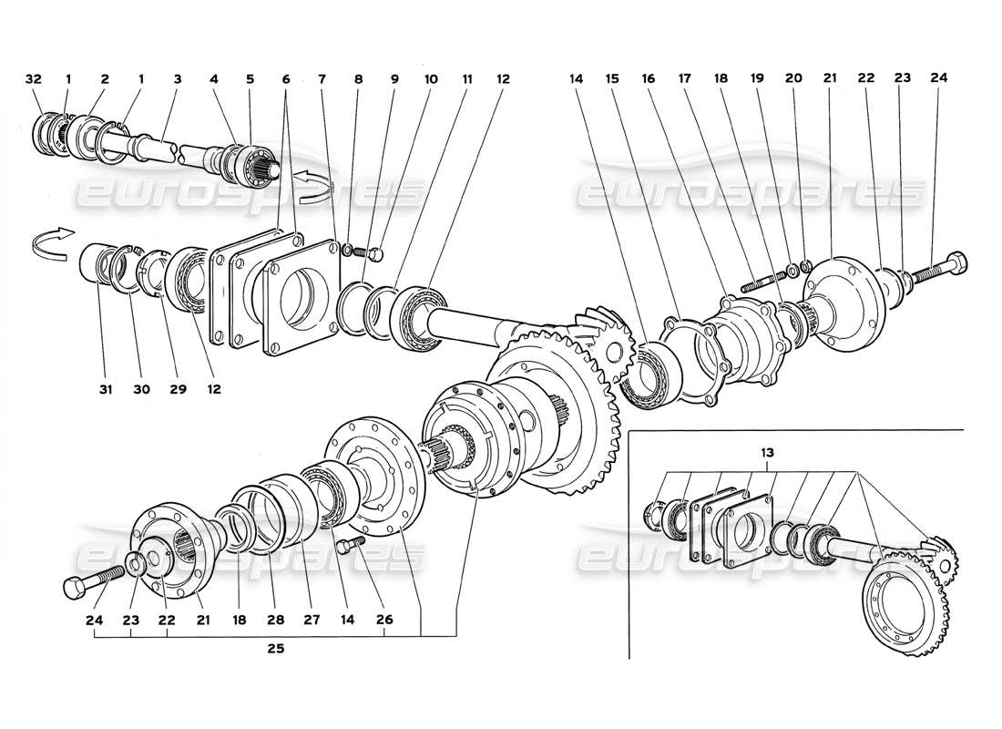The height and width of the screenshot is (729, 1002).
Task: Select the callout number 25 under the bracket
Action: click(x=275, y=650)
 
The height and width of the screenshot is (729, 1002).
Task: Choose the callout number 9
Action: click(x=394, y=78)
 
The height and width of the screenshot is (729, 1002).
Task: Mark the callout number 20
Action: click(x=793, y=78)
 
